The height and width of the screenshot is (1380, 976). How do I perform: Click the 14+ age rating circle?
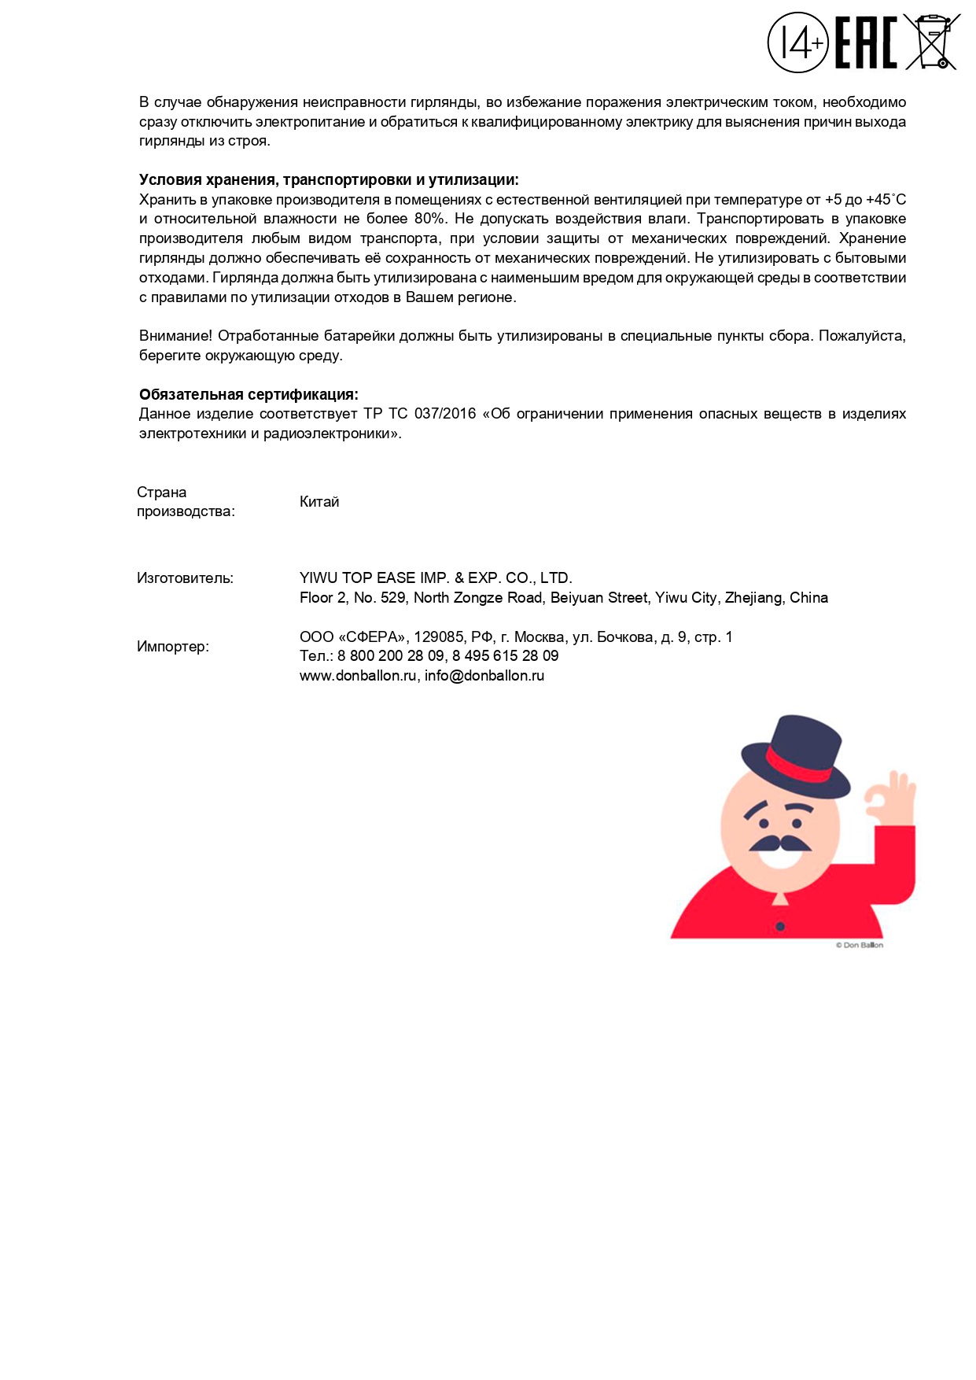pyautogui.click(x=797, y=42)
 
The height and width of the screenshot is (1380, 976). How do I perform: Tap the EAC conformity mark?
pyautogui.click(x=865, y=43)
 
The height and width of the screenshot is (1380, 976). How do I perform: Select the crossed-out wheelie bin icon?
pyautogui.click(x=932, y=42)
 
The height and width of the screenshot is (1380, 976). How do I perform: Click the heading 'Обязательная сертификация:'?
pyautogui.click(x=249, y=394)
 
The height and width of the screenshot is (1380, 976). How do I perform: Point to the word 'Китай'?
pyautogui.click(x=319, y=502)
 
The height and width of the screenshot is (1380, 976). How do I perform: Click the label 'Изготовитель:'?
pyautogui.click(x=185, y=578)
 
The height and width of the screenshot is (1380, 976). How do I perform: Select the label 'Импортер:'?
pyautogui.click(x=173, y=647)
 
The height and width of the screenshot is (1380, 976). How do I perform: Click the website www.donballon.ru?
pyautogui.click(x=358, y=676)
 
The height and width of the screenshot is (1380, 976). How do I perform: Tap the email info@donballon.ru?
pyautogui.click(x=484, y=676)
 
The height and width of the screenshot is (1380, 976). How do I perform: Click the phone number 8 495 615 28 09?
pyautogui.click(x=505, y=656)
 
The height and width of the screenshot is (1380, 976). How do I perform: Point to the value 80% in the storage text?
pyautogui.click(x=430, y=219)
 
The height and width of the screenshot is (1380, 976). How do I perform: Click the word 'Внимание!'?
pyautogui.click(x=175, y=336)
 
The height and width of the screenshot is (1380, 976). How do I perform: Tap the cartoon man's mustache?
pyautogui.click(x=779, y=843)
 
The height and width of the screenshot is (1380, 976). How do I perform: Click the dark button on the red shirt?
pyautogui.click(x=780, y=927)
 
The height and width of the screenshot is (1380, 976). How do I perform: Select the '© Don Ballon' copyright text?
pyautogui.click(x=859, y=945)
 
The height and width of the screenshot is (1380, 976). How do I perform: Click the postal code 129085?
pyautogui.click(x=438, y=637)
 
